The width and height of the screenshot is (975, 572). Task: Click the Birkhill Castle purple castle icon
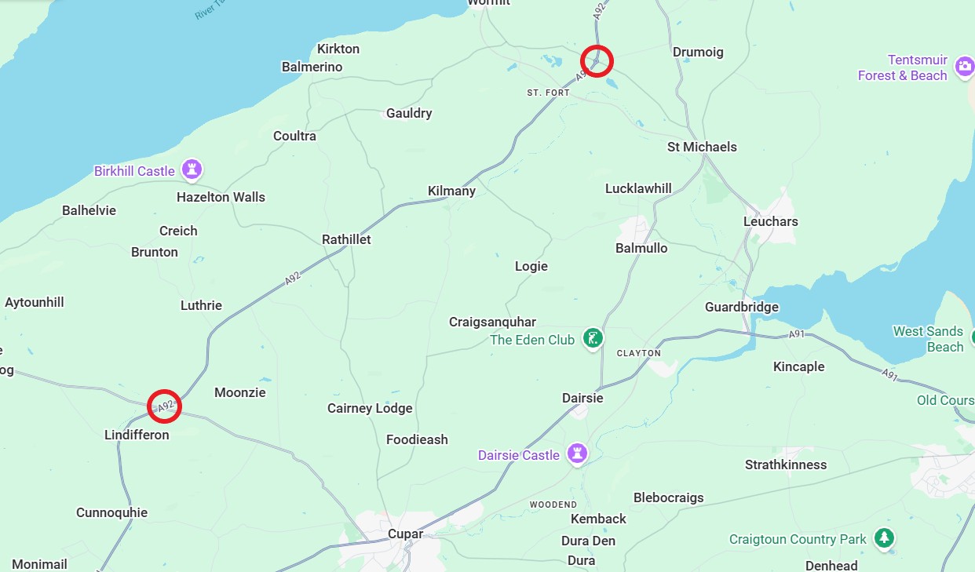tap(192, 169)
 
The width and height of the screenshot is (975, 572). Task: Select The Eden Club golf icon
tap(594, 339)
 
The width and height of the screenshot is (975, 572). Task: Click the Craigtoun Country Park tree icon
tap(885, 538)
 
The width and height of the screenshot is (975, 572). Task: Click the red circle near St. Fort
tap(597, 60)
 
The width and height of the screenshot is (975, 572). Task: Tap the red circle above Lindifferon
tap(165, 406)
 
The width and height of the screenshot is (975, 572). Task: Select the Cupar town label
tap(406, 534)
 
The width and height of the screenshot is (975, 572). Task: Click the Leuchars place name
tap(770, 221)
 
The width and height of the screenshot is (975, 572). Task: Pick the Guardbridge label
tap(742, 307)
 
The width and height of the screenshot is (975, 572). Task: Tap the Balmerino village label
tap(312, 67)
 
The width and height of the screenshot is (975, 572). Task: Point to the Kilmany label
tap(451, 191)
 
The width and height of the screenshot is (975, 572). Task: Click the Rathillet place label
tap(346, 239)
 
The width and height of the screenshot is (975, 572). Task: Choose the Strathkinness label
tap(786, 465)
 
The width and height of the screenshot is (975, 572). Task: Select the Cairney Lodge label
tap(370, 408)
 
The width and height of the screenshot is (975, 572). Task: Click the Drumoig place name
tap(698, 52)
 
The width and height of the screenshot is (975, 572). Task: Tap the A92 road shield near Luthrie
tap(293, 279)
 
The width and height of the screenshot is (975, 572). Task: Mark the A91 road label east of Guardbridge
tap(797, 335)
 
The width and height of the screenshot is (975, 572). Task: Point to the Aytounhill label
tap(35, 302)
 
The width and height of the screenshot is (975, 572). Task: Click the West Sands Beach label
tap(928, 339)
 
